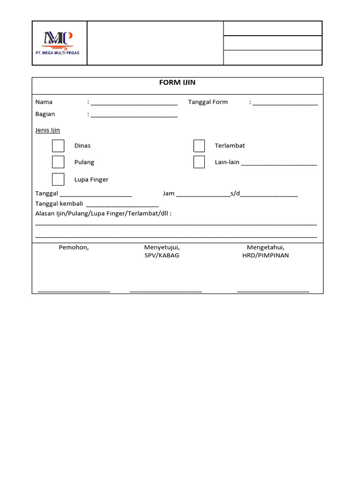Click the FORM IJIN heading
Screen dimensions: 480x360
tap(178, 82)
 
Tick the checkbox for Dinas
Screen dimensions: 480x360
tap(58, 146)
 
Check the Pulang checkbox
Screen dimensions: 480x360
tap(58, 162)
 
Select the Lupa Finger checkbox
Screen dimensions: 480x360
tap(58, 180)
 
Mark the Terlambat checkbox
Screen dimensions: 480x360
tap(199, 146)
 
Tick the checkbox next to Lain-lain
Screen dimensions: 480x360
tap(199, 162)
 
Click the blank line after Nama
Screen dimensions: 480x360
tap(134, 103)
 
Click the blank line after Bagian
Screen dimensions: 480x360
tap(134, 115)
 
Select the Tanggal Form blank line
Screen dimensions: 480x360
tap(285, 103)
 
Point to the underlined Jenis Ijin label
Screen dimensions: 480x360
tap(47, 130)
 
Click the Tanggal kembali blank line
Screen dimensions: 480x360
tap(122, 204)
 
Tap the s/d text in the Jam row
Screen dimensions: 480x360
tap(235, 194)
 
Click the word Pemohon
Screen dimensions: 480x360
tap(74, 247)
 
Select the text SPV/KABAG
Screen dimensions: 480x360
tap(162, 256)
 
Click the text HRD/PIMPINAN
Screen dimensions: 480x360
tap(265, 256)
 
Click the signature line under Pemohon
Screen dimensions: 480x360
tap(74, 291)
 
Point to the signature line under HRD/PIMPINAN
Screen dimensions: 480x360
tap(273, 291)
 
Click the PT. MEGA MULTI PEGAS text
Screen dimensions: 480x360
tap(58, 53)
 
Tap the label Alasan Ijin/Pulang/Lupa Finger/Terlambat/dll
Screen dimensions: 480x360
tap(103, 214)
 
